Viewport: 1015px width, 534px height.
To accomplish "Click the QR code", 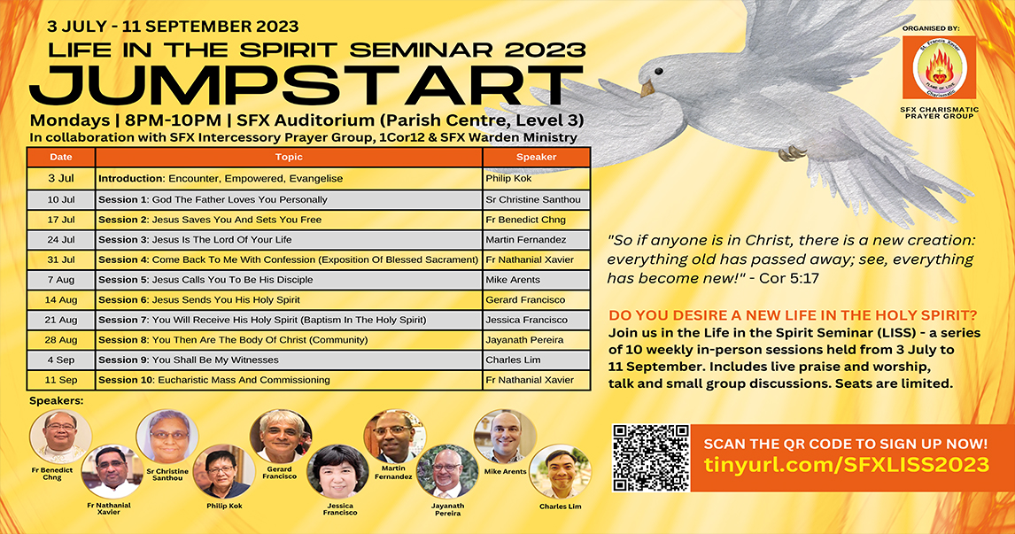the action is pos(651,458).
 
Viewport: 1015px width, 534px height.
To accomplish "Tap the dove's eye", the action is pos(658,71).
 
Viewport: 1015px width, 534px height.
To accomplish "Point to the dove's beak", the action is pos(647,89).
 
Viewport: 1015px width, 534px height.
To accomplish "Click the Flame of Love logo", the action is pos(939,67).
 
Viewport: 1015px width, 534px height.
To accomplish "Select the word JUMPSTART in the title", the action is pos(307,86).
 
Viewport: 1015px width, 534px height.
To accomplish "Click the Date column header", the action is pos(61,158).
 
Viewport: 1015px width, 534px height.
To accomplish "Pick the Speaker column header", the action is pos(536,158).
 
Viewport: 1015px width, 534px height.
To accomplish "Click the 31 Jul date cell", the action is pos(61,259).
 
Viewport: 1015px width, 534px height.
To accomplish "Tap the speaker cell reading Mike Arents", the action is pos(536,280).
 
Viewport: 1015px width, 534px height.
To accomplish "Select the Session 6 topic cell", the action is pos(289,299).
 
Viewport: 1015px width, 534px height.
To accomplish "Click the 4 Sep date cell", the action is pos(61,360).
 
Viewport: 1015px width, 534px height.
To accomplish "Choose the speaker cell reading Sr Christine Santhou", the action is pos(536,199).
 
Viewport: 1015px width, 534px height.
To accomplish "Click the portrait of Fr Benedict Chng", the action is pos(61,437).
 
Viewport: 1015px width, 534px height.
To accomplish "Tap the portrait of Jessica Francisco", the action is pos(337,471).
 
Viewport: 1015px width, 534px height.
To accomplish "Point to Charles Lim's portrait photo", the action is pos(561,471).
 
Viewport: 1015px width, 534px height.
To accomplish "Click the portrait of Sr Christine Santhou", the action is pos(167,437).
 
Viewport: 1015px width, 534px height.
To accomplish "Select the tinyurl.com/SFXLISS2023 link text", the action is pos(847,465).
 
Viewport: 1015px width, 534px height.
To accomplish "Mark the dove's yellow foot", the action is pos(793,153).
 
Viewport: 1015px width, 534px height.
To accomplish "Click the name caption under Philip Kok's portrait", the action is pos(225,507).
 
